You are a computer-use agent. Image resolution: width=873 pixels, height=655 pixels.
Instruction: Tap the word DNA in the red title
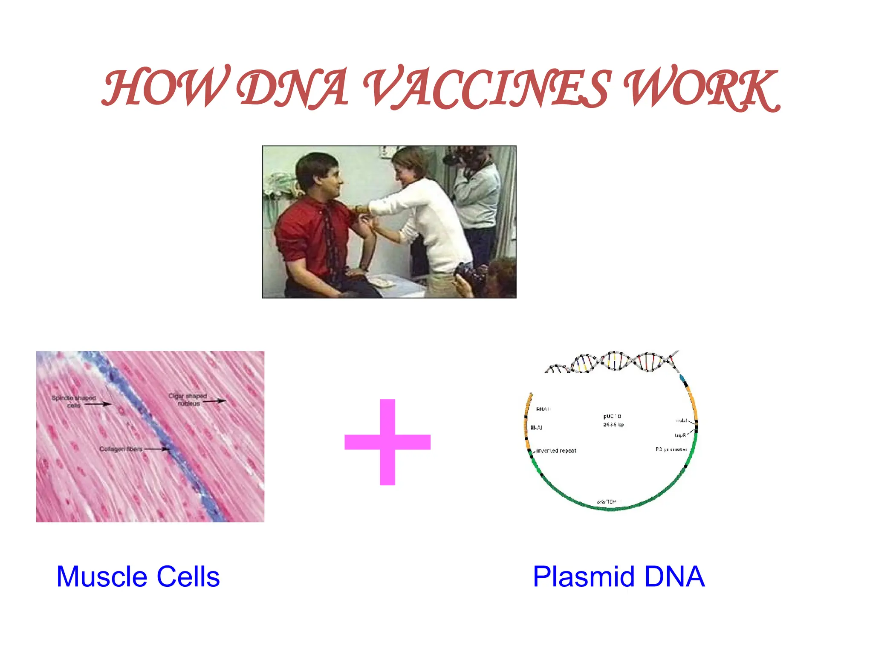pos(293,87)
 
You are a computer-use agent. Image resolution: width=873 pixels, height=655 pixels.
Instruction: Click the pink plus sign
pos(387,442)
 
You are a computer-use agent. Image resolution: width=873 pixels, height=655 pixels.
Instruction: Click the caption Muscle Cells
pos(138,577)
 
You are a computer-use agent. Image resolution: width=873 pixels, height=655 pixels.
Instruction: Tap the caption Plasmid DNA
pos(619,577)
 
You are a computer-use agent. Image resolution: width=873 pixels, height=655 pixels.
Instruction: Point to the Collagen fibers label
pos(121,449)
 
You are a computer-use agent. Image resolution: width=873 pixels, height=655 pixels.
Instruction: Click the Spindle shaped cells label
pos(73,401)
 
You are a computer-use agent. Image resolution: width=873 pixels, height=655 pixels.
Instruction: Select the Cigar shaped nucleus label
pos(188,400)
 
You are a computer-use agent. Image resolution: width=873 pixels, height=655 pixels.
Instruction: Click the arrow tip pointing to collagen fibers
pos(168,449)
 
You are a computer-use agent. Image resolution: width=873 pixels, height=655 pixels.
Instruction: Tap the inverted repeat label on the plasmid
pos(556,451)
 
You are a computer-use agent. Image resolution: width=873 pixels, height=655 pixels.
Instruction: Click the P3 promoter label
pos(671,449)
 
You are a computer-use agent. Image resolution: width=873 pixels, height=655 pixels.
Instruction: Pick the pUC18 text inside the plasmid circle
pos(612,416)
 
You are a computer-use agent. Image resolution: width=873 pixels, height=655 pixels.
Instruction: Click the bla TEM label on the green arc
pos(607,501)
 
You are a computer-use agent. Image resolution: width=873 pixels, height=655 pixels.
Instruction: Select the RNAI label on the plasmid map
pos(536,428)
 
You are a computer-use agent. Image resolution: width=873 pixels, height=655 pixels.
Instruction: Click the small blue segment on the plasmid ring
pos(682,378)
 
